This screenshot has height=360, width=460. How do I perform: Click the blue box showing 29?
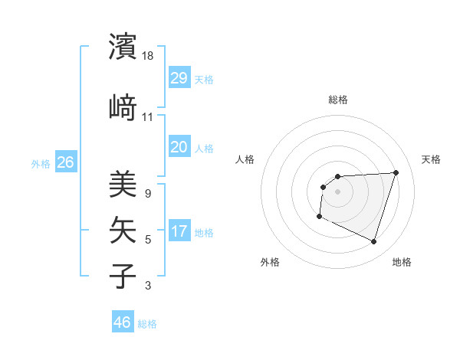[179, 78]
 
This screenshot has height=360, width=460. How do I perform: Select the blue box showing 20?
[179, 146]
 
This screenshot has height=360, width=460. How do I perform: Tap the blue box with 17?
[179, 232]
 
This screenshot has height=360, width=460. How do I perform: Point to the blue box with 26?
[65, 162]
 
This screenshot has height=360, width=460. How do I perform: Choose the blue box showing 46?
[123, 322]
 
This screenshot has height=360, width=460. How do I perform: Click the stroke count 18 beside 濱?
[149, 57]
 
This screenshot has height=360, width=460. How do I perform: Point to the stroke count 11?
[148, 117]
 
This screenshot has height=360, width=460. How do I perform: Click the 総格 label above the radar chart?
[337, 100]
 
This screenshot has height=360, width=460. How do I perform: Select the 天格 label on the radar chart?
[431, 159]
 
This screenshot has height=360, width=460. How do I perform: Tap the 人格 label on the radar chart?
[245, 159]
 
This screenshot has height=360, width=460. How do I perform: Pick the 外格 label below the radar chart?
[270, 262]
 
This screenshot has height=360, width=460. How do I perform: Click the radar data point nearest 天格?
[396, 172]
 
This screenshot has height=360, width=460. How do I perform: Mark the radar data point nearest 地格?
[373, 242]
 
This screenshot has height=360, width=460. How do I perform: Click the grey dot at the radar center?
[337, 191]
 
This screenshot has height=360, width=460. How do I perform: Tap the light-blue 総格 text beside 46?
[147, 324]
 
